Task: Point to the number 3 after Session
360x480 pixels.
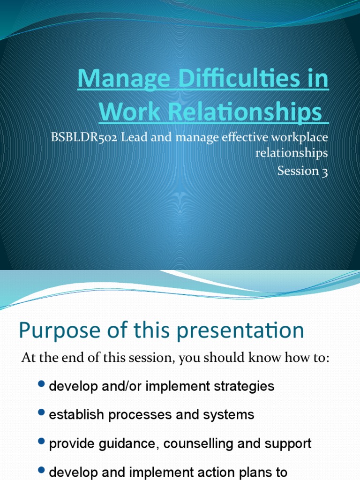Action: coord(324,171)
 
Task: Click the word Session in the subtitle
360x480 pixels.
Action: coord(298,171)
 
